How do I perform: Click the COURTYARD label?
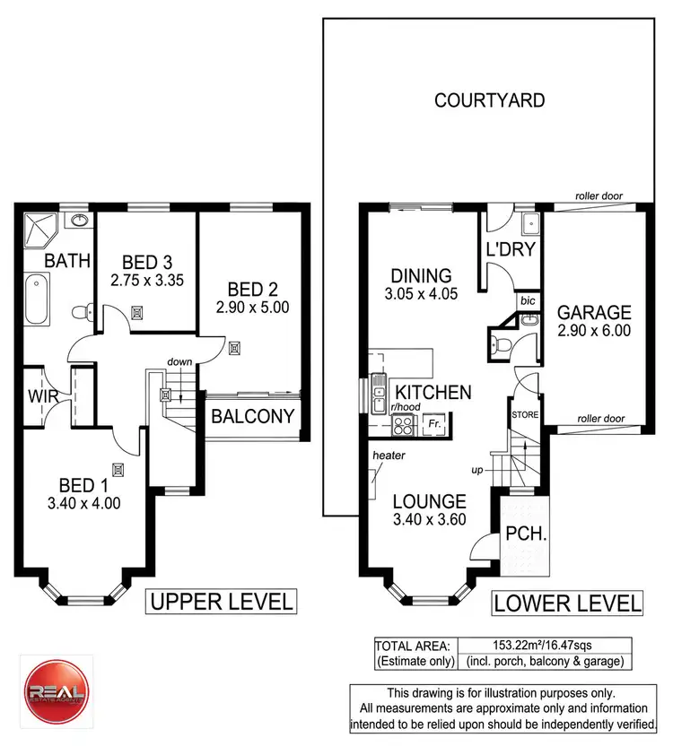tap(489, 100)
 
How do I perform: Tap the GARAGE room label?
tap(594, 313)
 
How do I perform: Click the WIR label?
tap(42, 395)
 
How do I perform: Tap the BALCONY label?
tap(252, 416)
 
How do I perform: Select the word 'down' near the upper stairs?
tap(180, 361)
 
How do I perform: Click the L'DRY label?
tap(511, 249)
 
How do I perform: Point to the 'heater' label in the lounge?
tap(389, 456)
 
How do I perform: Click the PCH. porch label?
tap(520, 534)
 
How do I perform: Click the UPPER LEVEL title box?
tap(220, 601)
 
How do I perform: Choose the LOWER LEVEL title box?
tap(567, 603)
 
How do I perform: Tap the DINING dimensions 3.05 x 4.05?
tap(420, 292)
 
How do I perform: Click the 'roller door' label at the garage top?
tap(599, 196)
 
